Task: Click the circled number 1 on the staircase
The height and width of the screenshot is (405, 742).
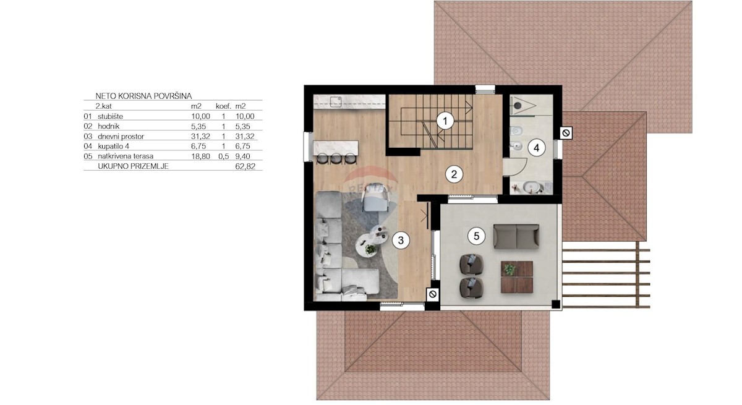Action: [445, 121]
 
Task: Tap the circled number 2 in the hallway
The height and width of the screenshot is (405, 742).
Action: [454, 174]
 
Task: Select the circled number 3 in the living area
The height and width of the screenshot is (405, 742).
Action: [401, 241]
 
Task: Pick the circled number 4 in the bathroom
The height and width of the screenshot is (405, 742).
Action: [536, 148]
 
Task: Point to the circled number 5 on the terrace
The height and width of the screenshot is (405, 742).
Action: [476, 236]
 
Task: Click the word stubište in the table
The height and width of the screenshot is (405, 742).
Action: [110, 116]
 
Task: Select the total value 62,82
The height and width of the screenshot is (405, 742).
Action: [245, 166]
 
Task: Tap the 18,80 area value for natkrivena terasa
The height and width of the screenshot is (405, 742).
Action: [200, 156]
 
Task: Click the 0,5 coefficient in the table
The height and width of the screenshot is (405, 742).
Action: [224, 156]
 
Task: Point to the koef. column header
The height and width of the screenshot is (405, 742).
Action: [224, 106]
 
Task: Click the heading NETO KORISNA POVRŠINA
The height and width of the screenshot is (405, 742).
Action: [143, 96]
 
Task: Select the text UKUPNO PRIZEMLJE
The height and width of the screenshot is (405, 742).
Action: [133, 166]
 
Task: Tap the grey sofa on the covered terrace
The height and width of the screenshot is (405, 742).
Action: [516, 236]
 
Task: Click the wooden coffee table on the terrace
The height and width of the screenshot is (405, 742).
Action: [517, 277]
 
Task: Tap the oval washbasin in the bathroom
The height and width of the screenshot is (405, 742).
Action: [532, 188]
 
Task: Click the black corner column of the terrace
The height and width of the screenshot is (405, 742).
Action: [555, 304]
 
